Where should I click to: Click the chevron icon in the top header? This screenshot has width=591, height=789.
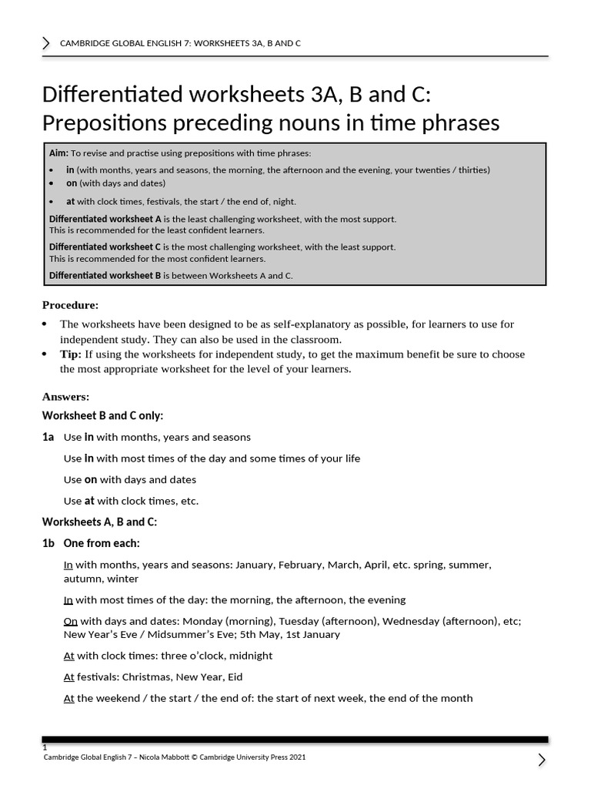point(47,43)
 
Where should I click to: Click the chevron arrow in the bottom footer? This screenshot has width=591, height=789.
point(542,760)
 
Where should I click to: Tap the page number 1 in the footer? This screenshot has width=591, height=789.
point(45,747)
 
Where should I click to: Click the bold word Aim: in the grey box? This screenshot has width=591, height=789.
point(59,153)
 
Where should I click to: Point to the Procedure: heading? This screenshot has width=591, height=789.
point(70,305)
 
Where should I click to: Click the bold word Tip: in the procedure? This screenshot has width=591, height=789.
point(71,354)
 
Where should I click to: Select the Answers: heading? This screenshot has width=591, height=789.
point(65,397)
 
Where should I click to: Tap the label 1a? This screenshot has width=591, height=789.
point(48,437)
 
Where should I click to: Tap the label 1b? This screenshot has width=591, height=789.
point(48,543)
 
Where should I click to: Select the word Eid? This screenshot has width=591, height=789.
point(235,677)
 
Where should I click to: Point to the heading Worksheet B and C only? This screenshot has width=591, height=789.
point(102,416)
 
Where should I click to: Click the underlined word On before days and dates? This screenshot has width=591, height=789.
point(70,621)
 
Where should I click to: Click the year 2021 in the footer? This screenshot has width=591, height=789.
point(297,757)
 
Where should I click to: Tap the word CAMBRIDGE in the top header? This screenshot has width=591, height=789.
point(83,43)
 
